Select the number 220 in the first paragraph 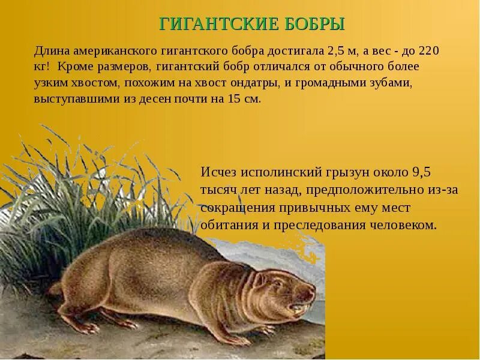point(428,50)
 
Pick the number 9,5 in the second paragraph point(421,172)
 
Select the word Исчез point(218,172)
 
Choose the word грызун point(340,172)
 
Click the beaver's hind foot point(87,328)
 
